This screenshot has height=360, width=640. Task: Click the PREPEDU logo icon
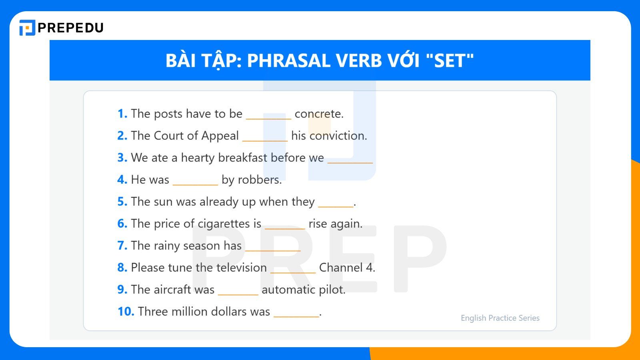pos(27,28)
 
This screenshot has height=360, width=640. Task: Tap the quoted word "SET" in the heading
pos(450,61)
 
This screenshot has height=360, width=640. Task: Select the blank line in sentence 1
pos(268,117)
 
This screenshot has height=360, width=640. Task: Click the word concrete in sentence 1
pos(319,114)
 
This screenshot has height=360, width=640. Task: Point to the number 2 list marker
pos(122,136)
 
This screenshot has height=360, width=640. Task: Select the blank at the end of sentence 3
pos(350,161)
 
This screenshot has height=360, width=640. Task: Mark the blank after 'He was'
pos(195,183)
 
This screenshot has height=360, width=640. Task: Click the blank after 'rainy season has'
pos(273,249)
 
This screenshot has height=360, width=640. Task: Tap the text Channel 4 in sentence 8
pos(347,268)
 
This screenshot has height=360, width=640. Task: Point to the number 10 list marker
pos(126,312)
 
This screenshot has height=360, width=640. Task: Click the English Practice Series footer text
pos(500,318)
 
